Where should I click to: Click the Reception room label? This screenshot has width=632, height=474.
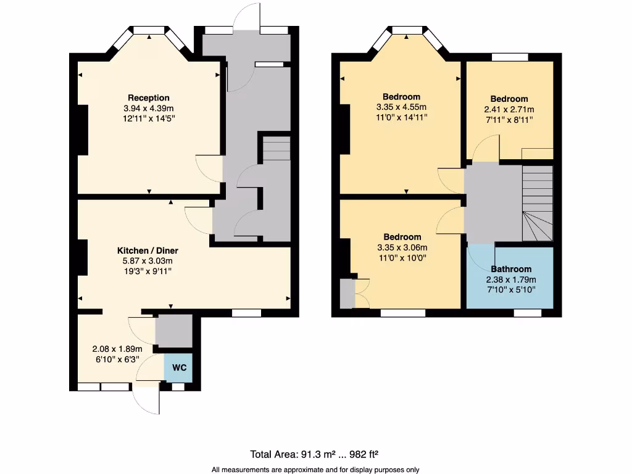pos(148,98)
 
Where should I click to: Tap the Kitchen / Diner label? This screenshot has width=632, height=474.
pos(148,251)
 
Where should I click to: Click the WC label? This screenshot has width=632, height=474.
pos(179,368)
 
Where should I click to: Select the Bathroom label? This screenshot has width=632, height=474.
pos(510,269)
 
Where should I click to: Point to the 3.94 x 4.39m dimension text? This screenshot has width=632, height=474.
pos(148,108)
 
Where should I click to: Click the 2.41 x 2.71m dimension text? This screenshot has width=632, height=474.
pos(509,110)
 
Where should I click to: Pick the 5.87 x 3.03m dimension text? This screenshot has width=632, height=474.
pos(148,261)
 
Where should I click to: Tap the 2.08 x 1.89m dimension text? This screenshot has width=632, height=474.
pos(116,349)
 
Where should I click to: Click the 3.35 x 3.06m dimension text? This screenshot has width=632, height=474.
pos(402,248)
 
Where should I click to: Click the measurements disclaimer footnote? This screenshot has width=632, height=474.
pos(315,470)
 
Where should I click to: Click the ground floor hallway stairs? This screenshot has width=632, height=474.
pos(276,149)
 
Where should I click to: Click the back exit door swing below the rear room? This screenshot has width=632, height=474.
pos(146,400)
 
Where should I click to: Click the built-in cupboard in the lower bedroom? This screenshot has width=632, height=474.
pos(347,294)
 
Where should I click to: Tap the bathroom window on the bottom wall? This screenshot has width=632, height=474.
pos(528,313)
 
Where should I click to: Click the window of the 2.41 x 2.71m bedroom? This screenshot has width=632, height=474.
pos(510,57)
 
